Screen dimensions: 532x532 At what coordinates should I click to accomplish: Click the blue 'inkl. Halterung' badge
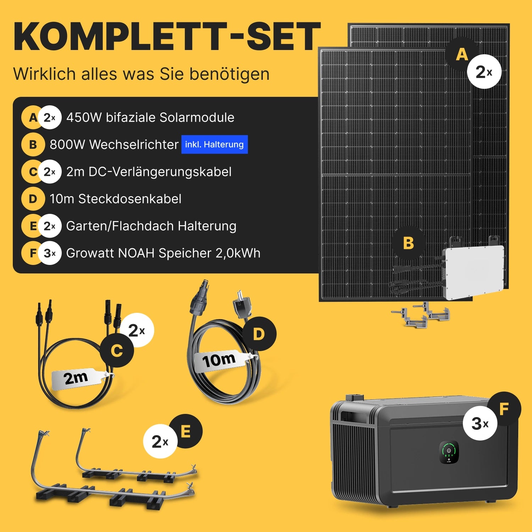pyautogui.click(x=215, y=144)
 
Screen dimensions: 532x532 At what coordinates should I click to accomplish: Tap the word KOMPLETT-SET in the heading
pyautogui.click(x=167, y=37)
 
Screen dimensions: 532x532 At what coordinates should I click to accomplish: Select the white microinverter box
pyautogui.click(x=473, y=272)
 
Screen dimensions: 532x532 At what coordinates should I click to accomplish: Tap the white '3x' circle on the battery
pyautogui.click(x=480, y=423)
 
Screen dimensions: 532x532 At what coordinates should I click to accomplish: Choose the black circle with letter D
pyautogui.click(x=259, y=334)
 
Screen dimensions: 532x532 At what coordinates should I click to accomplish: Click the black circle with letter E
pyautogui.click(x=185, y=431)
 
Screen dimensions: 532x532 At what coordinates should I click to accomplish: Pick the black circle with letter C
pyautogui.click(x=117, y=350)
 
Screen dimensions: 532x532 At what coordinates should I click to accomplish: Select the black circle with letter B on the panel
pyautogui.click(x=409, y=243)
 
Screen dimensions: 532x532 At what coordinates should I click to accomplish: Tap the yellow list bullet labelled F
pyautogui.click(x=33, y=253)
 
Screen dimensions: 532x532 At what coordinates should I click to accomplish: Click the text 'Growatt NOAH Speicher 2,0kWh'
pyautogui.click(x=163, y=253)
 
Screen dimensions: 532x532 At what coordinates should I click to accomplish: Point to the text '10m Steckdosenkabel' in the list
pyautogui.click(x=116, y=199)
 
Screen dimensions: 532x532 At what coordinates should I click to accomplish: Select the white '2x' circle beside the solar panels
pyautogui.click(x=484, y=72)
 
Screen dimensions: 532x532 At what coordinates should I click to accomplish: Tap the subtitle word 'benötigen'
pyautogui.click(x=229, y=74)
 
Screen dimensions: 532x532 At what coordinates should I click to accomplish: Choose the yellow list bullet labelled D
pyautogui.click(x=33, y=199)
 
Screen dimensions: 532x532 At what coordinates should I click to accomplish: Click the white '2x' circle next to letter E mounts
pyautogui.click(x=160, y=441)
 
